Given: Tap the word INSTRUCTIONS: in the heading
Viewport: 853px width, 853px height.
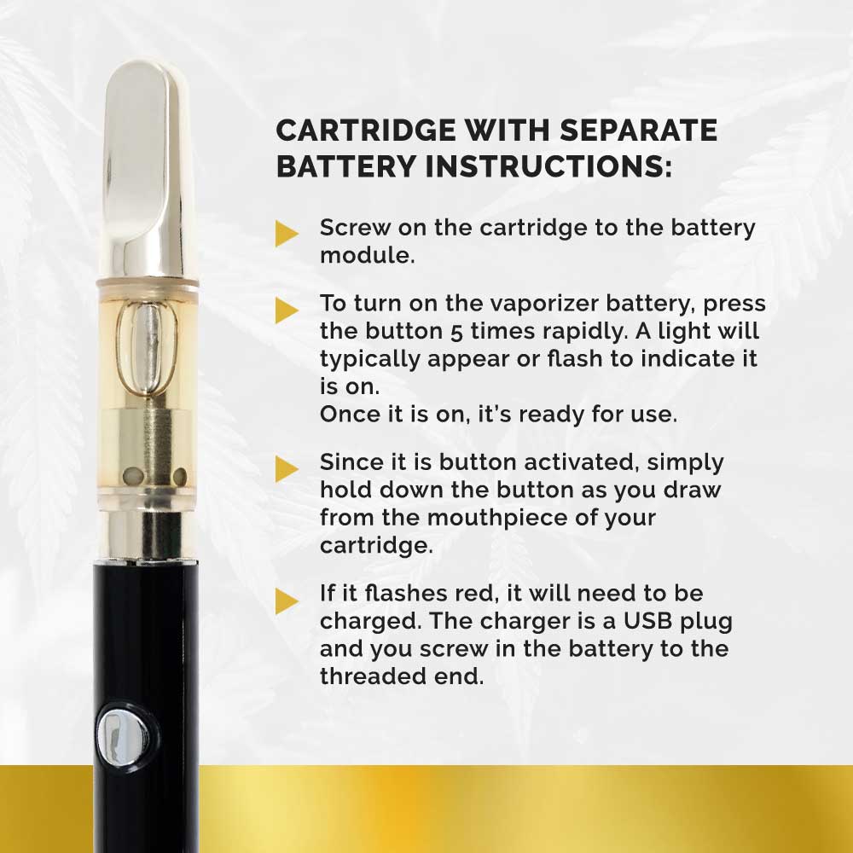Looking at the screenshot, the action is tap(548, 165).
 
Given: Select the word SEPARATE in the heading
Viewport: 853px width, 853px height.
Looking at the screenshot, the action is tap(639, 131).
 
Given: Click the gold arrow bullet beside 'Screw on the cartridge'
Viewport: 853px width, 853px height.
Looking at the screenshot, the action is tap(287, 234).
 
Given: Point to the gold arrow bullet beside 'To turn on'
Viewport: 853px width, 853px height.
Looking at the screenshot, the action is tap(287, 310).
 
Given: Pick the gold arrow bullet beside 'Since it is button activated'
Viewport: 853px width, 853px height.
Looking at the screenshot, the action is tap(287, 469).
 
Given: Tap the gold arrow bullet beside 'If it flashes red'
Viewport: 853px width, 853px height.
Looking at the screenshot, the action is tap(287, 601).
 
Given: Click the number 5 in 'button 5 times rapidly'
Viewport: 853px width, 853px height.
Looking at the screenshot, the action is tap(456, 333).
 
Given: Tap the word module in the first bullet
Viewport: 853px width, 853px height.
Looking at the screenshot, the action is tap(367, 255).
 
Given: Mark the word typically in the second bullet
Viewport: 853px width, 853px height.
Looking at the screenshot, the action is tap(369, 360).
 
